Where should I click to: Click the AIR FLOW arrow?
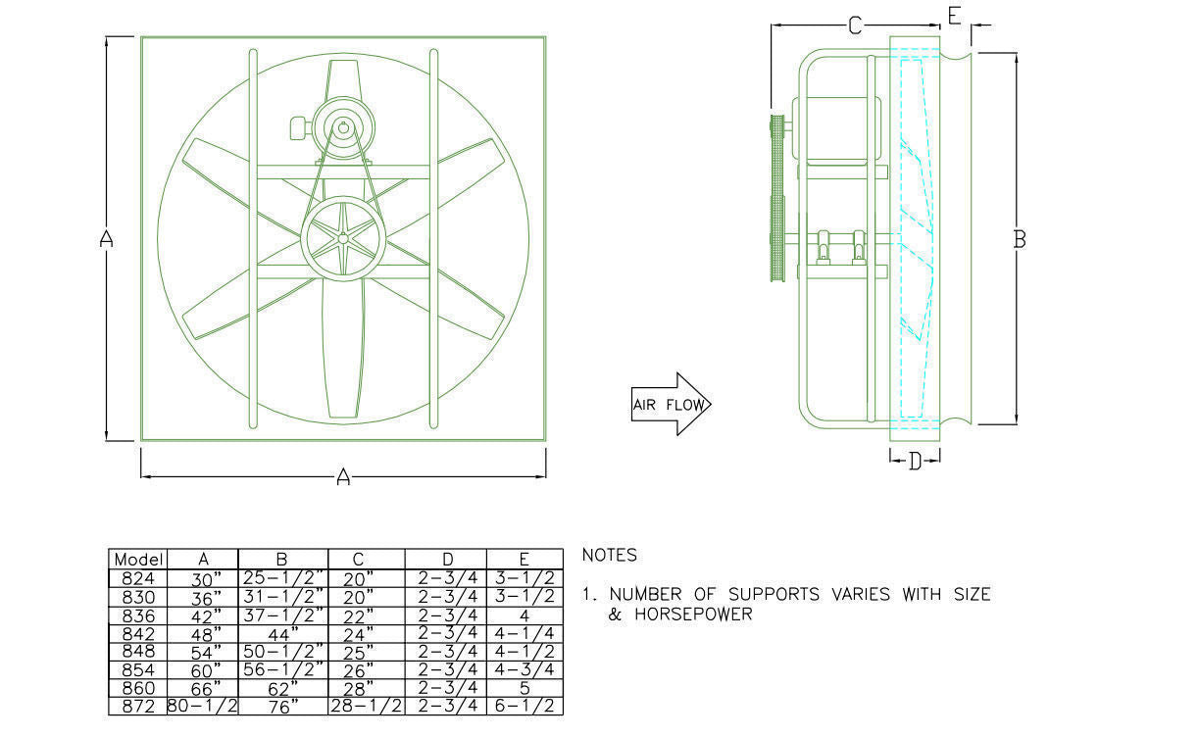pyautogui.click(x=672, y=404)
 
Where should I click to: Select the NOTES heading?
pyautogui.click(x=610, y=556)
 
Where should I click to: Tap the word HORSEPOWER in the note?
pyautogui.click(x=694, y=615)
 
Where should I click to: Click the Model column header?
pyautogui.click(x=138, y=560)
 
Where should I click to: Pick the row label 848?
pyautogui.click(x=138, y=652)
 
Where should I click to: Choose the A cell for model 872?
pyautogui.click(x=202, y=707)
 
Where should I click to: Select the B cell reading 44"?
pyautogui.click(x=281, y=635)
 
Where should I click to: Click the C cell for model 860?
pyautogui.click(x=358, y=689)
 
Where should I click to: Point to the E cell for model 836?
pyautogui.click(x=525, y=616)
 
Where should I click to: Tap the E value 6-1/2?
pyautogui.click(x=525, y=707)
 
